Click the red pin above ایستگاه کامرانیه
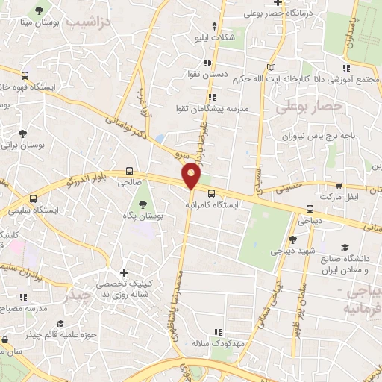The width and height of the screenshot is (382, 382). [192, 176]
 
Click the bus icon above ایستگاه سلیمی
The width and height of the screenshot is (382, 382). [33, 200]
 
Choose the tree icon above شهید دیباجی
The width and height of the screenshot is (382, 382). [292, 239]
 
